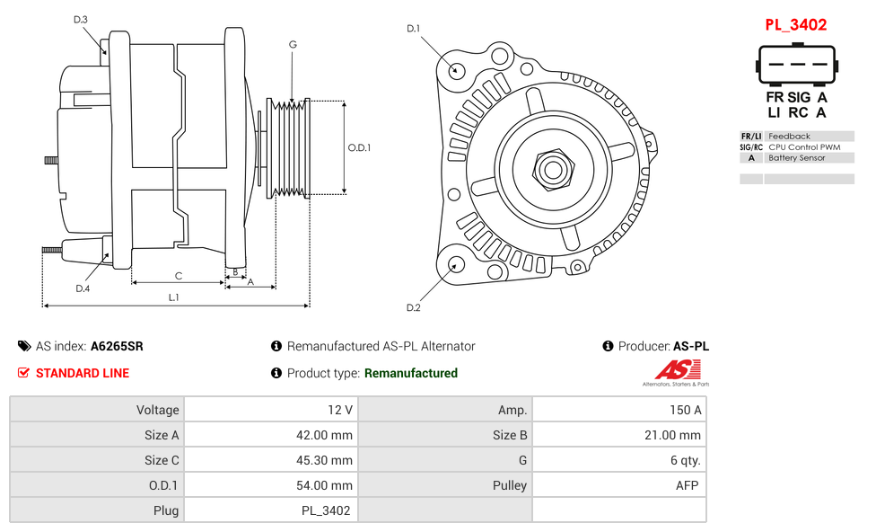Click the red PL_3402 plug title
click(x=795, y=25)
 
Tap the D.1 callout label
click(x=413, y=29)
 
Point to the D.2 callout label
click(x=413, y=308)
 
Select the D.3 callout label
click(x=81, y=19)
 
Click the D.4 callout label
click(x=83, y=288)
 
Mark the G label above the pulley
click(x=293, y=45)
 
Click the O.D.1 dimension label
click(x=359, y=148)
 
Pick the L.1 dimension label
click(x=174, y=297)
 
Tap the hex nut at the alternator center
click(x=553, y=168)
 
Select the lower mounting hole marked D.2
click(x=456, y=264)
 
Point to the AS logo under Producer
click(x=675, y=370)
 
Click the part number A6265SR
click(x=117, y=346)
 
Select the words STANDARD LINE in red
click(x=83, y=373)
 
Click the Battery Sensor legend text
click(x=797, y=158)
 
